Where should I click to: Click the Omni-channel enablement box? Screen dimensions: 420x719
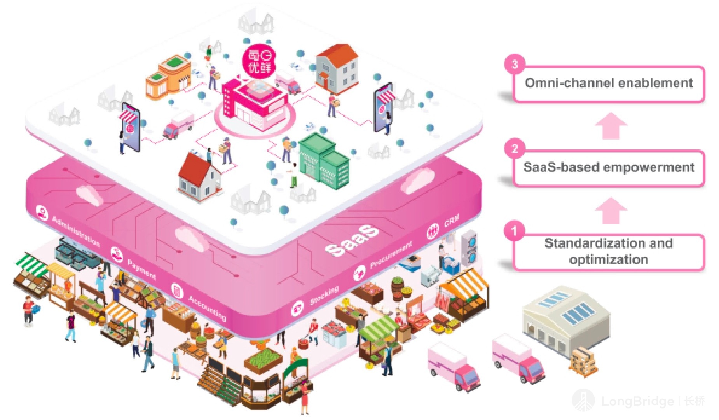pyautogui.click(x=609, y=83)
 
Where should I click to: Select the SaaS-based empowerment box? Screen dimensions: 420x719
pyautogui.click(x=609, y=168)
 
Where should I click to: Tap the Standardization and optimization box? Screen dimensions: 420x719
pyautogui.click(x=609, y=251)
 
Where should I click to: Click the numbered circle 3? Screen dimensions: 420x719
pyautogui.click(x=515, y=64)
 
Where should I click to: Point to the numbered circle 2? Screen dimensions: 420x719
pyautogui.click(x=515, y=149)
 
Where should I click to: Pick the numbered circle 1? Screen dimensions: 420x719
pyautogui.click(x=514, y=231)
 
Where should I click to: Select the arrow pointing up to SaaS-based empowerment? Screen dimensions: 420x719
pyautogui.click(x=611, y=210)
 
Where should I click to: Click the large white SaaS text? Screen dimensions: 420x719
pyautogui.click(x=352, y=241)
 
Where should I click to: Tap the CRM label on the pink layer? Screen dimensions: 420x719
pyautogui.click(x=452, y=221)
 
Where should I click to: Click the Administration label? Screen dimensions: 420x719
pyautogui.click(x=76, y=231)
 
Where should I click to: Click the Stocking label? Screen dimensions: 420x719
pyautogui.click(x=324, y=296)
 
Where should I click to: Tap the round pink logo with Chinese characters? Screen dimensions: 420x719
pyautogui.click(x=258, y=61)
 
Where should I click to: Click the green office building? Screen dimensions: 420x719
pyautogui.click(x=324, y=161)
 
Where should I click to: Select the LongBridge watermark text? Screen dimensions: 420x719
pyautogui.click(x=637, y=401)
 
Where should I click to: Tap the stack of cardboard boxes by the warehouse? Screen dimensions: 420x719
pyautogui.click(x=583, y=362)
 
